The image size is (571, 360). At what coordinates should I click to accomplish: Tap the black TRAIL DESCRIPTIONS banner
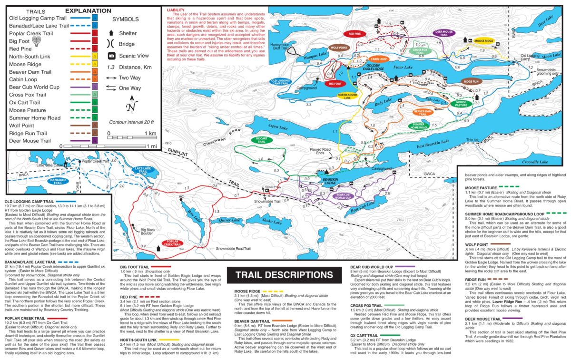point(284,275)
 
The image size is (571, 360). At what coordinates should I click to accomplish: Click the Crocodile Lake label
point(535,162)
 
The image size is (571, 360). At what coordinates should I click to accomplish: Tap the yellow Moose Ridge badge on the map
point(482,41)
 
